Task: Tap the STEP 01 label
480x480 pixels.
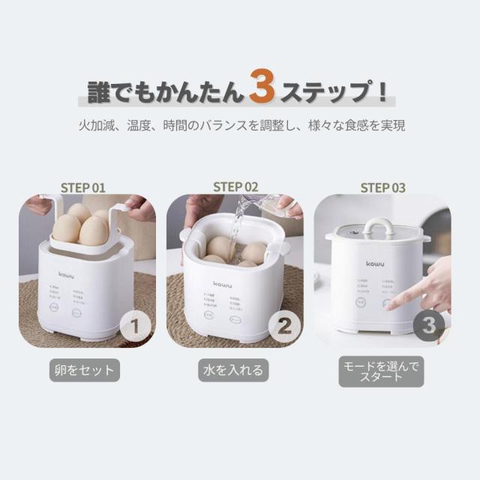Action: [x=83, y=187]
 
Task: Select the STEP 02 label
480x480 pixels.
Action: [x=235, y=187]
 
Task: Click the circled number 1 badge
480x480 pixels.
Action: [x=135, y=326]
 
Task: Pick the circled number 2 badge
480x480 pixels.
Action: [x=283, y=326]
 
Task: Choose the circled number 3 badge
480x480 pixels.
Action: [x=428, y=325]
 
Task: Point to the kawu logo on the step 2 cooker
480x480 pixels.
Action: [x=223, y=284]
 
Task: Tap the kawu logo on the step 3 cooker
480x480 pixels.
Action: [x=375, y=263]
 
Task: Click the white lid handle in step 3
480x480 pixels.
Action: [x=379, y=226]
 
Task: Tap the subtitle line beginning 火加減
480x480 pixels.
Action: [x=240, y=125]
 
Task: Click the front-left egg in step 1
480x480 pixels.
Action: [x=66, y=228]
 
